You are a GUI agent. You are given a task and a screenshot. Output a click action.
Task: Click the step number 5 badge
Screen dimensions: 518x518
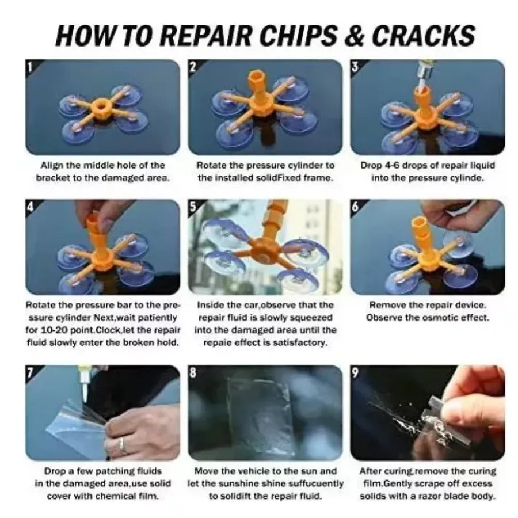[193, 207]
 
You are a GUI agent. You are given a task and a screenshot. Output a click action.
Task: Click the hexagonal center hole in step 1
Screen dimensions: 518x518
[102, 107]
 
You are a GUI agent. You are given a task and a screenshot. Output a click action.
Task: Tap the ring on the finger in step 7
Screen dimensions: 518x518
[121, 444]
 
